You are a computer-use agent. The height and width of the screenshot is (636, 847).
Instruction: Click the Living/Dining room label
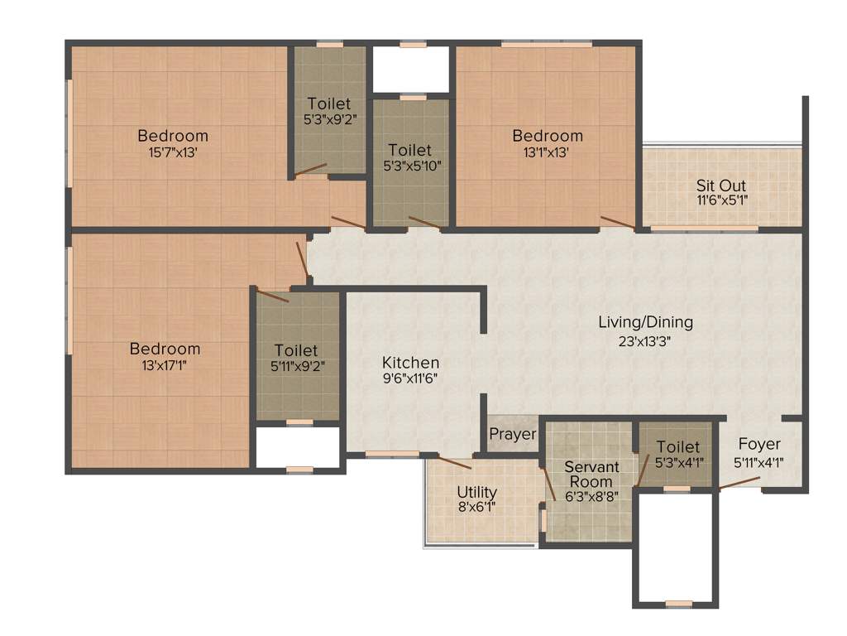pos(645,322)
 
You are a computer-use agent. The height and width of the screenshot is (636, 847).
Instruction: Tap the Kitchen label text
pos(410,363)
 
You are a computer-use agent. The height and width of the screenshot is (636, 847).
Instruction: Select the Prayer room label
pos(513,435)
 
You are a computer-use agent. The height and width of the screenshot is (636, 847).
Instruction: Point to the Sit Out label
pos(721,185)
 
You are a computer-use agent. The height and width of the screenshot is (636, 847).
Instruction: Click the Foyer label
pos(759,445)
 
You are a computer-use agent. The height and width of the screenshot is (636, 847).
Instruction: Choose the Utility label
pos(477,491)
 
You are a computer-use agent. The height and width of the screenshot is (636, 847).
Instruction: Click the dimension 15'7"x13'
pos(173,152)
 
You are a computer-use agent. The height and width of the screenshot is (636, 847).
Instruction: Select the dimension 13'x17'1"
pos(165,365)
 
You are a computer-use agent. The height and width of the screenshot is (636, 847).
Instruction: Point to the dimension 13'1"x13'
pos(547,152)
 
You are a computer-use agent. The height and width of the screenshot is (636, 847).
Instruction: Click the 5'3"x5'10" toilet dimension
pos(410,165)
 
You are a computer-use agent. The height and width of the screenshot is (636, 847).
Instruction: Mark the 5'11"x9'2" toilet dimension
pos(296,367)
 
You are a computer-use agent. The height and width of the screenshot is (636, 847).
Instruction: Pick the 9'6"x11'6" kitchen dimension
pos(410,378)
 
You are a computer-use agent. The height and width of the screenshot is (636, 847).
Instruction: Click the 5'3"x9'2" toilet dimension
pos(328,119)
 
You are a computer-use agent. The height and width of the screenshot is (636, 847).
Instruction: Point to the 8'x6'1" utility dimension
pos(477,507)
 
